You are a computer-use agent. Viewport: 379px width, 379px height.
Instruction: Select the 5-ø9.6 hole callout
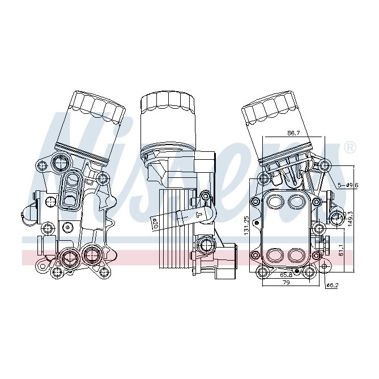(348, 185)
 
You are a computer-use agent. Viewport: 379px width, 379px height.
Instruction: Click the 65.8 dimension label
(287, 274)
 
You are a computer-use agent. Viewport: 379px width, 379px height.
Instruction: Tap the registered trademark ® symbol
(350, 148)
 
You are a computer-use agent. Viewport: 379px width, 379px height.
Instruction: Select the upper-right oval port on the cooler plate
(297, 200)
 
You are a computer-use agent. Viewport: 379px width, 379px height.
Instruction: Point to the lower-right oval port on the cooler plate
(297, 254)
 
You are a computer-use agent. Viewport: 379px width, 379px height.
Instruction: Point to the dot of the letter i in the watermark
(120, 118)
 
